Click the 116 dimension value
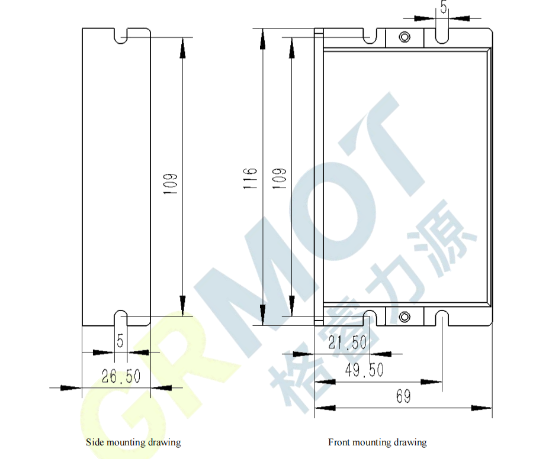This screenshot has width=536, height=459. [x=250, y=178]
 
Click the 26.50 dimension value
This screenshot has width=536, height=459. [x=121, y=376]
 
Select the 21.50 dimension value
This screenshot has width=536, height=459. [x=347, y=342]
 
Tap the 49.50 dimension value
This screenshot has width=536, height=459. [x=364, y=370]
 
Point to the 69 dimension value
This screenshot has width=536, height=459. [x=403, y=396]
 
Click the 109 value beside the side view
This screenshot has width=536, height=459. [x=170, y=184]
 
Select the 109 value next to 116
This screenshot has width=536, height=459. [x=279, y=179]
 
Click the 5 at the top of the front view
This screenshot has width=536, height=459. [x=444, y=7]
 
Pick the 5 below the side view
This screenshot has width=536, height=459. [x=120, y=341]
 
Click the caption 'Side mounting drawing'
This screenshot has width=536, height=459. [x=133, y=442]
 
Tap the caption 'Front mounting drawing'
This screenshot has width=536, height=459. [x=377, y=442]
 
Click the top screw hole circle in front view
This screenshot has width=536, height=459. [x=405, y=37]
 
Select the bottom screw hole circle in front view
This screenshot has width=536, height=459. [x=405, y=317]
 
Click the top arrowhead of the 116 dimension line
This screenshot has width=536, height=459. [x=262, y=38]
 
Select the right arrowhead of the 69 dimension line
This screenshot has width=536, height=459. [x=482, y=408]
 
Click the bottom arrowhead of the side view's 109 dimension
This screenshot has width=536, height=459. [x=182, y=305]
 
